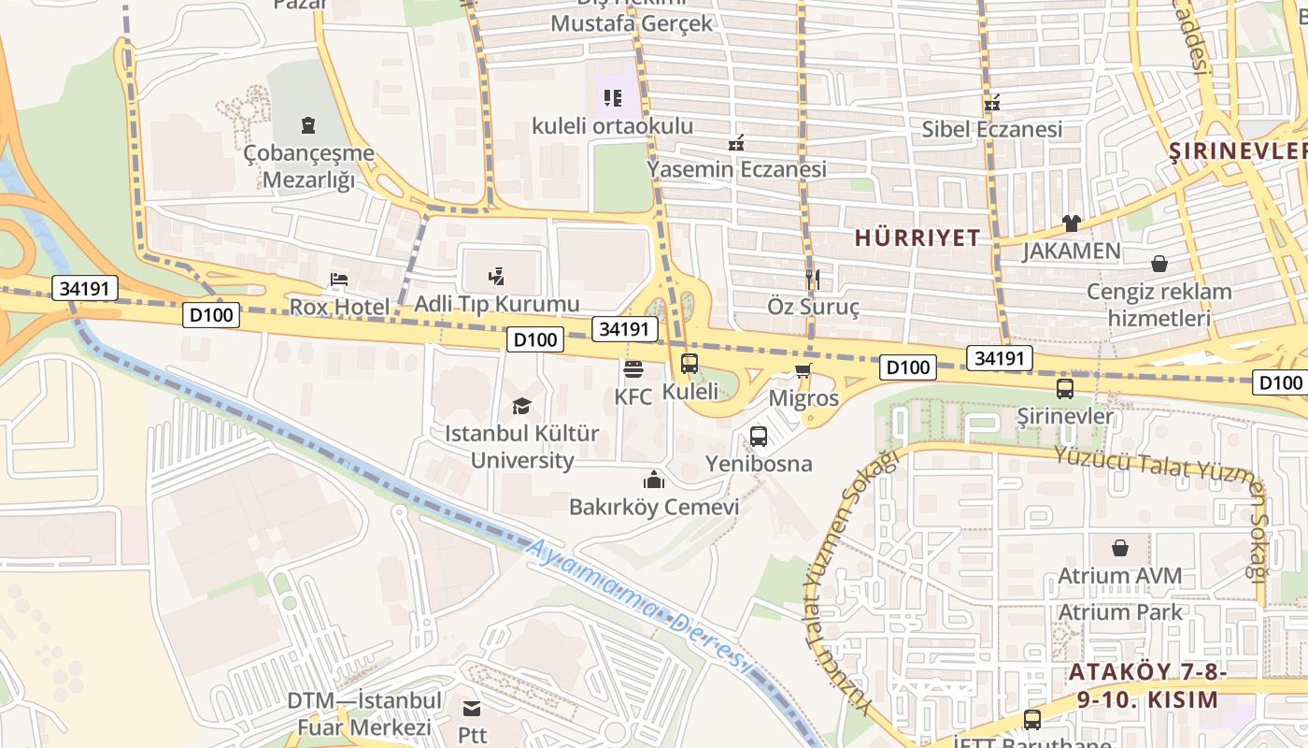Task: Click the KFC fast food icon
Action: click(633, 369)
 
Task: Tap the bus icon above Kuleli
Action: click(690, 364)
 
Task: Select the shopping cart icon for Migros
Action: click(803, 371)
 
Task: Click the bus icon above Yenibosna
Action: click(759, 437)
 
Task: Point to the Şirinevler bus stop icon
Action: click(1064, 389)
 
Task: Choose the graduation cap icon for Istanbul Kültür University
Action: click(521, 406)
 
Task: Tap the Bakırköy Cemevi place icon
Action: click(653, 480)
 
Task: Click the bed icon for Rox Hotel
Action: click(338, 280)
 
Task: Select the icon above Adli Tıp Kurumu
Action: click(497, 276)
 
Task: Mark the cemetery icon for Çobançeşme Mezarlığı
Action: click(308, 125)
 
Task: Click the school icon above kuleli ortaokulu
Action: click(612, 98)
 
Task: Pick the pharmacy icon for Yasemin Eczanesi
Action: click(736, 143)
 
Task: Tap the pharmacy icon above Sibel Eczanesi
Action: click(991, 102)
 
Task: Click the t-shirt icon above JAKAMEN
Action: click(1071, 223)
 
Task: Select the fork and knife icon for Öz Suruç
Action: click(812, 279)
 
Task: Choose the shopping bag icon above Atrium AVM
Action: click(1119, 548)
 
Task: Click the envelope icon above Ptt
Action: click(472, 708)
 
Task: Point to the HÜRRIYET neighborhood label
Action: click(917, 237)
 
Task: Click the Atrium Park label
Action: click(1119, 612)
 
